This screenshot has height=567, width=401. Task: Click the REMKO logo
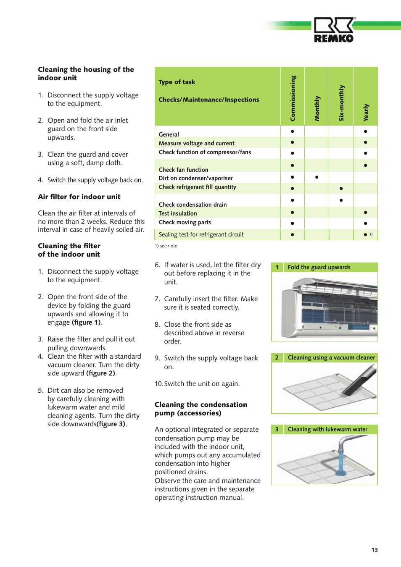[334, 30]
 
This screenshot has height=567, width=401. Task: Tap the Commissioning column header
[293, 98]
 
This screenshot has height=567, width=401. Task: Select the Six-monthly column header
[341, 103]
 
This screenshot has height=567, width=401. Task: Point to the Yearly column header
[366, 112]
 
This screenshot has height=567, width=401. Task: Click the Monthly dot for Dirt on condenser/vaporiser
[317, 177]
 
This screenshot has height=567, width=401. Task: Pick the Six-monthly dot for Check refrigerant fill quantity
[341, 188]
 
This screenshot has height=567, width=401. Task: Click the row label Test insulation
[178, 213]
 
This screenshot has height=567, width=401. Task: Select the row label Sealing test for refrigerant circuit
[201, 234]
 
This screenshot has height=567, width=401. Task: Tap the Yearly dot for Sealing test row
[365, 235]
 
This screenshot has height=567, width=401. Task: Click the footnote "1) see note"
[166, 246]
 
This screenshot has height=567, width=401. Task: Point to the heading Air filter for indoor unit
[79, 197]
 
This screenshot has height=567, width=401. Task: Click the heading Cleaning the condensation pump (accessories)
[201, 409]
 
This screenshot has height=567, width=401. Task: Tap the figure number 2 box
[277, 357]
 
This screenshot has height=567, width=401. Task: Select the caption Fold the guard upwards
[319, 267]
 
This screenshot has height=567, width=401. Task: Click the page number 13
[374, 550]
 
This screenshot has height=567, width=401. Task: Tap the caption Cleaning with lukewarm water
[327, 429]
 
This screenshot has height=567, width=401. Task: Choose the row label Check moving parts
[185, 222]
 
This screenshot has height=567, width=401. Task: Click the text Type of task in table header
[177, 82]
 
